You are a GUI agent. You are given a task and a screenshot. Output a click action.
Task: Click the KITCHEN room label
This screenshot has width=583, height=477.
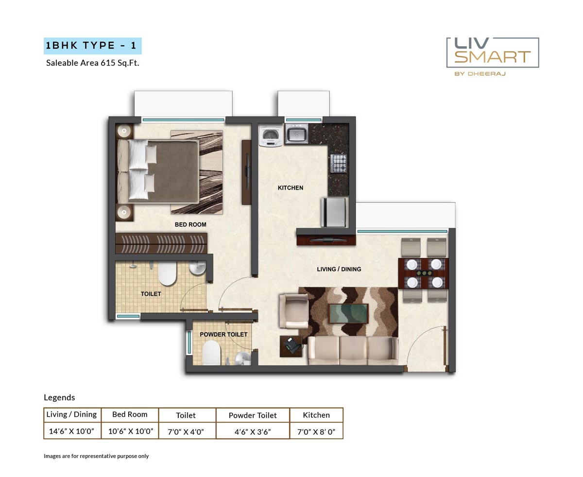(x=290, y=188)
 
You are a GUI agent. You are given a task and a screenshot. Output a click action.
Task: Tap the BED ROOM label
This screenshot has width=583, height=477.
(x=190, y=224)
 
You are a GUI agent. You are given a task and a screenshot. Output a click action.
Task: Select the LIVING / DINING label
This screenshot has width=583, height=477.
(x=339, y=269)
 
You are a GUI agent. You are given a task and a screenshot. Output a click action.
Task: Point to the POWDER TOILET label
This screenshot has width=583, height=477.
(x=223, y=334)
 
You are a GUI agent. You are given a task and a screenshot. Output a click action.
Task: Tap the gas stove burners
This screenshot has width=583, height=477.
(x=339, y=163)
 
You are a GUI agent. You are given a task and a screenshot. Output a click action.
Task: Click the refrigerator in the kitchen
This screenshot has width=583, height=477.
(x=334, y=212)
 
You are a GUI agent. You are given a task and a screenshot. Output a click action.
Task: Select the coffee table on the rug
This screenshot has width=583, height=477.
(x=348, y=313)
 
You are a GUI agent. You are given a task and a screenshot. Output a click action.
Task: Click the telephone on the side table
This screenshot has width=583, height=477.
(x=291, y=345)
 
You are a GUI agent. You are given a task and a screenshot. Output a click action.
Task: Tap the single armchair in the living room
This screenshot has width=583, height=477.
(x=292, y=310)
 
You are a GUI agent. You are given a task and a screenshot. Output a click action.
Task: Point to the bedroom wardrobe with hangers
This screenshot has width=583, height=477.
(x=161, y=242)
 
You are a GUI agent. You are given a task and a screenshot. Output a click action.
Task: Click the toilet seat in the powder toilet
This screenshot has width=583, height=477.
(x=211, y=353)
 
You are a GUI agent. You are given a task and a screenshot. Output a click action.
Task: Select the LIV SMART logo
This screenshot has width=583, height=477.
(x=492, y=53)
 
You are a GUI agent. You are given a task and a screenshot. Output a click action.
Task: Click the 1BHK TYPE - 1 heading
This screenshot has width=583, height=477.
(x=92, y=46)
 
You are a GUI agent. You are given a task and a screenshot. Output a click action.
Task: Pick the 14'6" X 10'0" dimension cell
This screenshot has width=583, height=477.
(x=72, y=431)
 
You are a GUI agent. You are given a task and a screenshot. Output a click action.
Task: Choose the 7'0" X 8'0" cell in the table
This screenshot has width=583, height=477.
(x=316, y=431)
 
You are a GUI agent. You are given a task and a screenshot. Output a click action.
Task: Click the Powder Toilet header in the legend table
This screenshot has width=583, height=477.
(x=253, y=415)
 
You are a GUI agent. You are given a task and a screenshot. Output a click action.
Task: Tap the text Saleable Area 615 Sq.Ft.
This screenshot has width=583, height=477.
(x=92, y=63)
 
